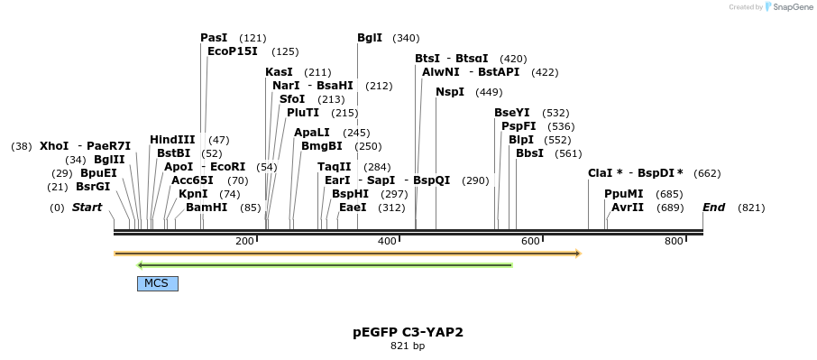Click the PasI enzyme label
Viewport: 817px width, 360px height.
click(214, 38)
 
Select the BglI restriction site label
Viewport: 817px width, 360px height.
click(370, 38)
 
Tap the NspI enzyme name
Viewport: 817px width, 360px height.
click(450, 92)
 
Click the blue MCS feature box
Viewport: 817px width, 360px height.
click(157, 283)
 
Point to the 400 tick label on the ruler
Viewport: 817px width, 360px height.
click(387, 241)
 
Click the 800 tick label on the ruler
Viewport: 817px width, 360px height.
click(674, 241)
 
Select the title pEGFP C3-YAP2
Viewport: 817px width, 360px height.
click(408, 332)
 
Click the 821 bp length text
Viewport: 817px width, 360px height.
click(408, 346)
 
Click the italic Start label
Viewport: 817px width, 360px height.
click(87, 208)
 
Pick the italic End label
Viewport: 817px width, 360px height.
click(713, 208)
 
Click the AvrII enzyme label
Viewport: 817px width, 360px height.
click(628, 208)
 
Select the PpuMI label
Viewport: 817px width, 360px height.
click(624, 194)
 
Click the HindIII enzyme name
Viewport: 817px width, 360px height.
click(172, 140)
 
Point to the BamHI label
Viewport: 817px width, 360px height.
click(207, 208)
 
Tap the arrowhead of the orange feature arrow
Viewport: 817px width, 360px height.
click(576, 254)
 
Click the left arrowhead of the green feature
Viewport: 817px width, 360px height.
click(141, 265)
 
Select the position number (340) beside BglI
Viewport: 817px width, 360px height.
click(406, 38)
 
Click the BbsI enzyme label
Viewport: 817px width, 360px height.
click(529, 153)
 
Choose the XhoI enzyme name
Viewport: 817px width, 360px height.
click(54, 146)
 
